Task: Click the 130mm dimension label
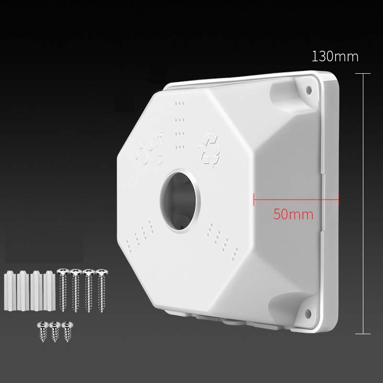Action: coord(335,57)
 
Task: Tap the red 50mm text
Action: coord(293,214)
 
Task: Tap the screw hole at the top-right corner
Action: coord(308,89)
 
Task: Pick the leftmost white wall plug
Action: coord(10,292)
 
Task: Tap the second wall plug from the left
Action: coord(22,292)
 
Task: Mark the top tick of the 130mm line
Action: coord(363,74)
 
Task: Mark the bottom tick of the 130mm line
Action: coord(363,334)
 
